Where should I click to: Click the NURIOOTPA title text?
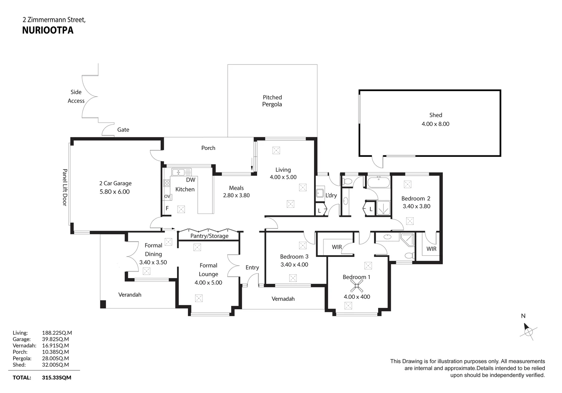pyautogui.click(x=48, y=30)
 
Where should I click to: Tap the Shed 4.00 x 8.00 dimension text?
pyautogui.click(x=435, y=124)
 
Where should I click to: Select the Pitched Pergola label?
pyautogui.click(x=272, y=101)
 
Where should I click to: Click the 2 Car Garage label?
pyautogui.click(x=115, y=183)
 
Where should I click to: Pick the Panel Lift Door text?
pyautogui.click(x=65, y=187)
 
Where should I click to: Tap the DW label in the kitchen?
pyautogui.click(x=190, y=180)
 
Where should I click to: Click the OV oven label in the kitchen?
pyautogui.click(x=167, y=196)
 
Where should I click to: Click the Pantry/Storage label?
pyautogui.click(x=209, y=236)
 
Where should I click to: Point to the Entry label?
pyautogui.click(x=252, y=267)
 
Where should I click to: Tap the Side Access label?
pyautogui.click(x=76, y=96)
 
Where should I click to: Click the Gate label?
pyautogui.click(x=123, y=130)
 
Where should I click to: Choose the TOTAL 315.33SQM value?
pyautogui.click(x=56, y=378)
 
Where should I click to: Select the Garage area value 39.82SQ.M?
pyautogui.click(x=55, y=339)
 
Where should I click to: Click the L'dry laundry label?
pyautogui.click(x=331, y=195)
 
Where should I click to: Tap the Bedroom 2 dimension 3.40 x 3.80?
pyautogui.click(x=416, y=206)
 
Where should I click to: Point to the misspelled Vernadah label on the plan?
pyautogui.click(x=283, y=299)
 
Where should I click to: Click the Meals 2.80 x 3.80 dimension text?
pyautogui.click(x=236, y=195)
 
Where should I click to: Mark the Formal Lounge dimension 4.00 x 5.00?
pyautogui.click(x=208, y=283)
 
